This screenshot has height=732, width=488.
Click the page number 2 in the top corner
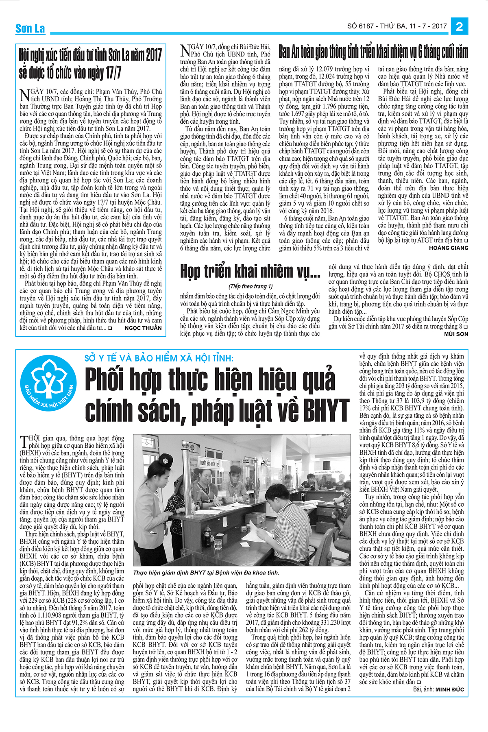pyautogui.click(x=460, y=26)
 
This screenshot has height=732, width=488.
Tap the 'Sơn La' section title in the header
pyautogui.click(x=30, y=28)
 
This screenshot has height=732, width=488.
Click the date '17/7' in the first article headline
pyautogui.click(x=113, y=72)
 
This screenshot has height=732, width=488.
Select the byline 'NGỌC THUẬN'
pyautogui.click(x=143, y=328)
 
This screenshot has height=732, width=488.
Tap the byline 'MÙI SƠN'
pyautogui.click(x=456, y=334)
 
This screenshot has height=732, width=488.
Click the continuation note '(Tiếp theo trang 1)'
pyautogui.click(x=250, y=286)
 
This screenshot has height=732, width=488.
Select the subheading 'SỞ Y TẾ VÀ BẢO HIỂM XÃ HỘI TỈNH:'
pyautogui.click(x=159, y=358)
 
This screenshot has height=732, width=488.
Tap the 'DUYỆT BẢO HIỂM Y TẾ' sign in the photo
pyautogui.click(x=209, y=463)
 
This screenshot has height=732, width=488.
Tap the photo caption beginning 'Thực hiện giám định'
pyautogui.click(x=206, y=572)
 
